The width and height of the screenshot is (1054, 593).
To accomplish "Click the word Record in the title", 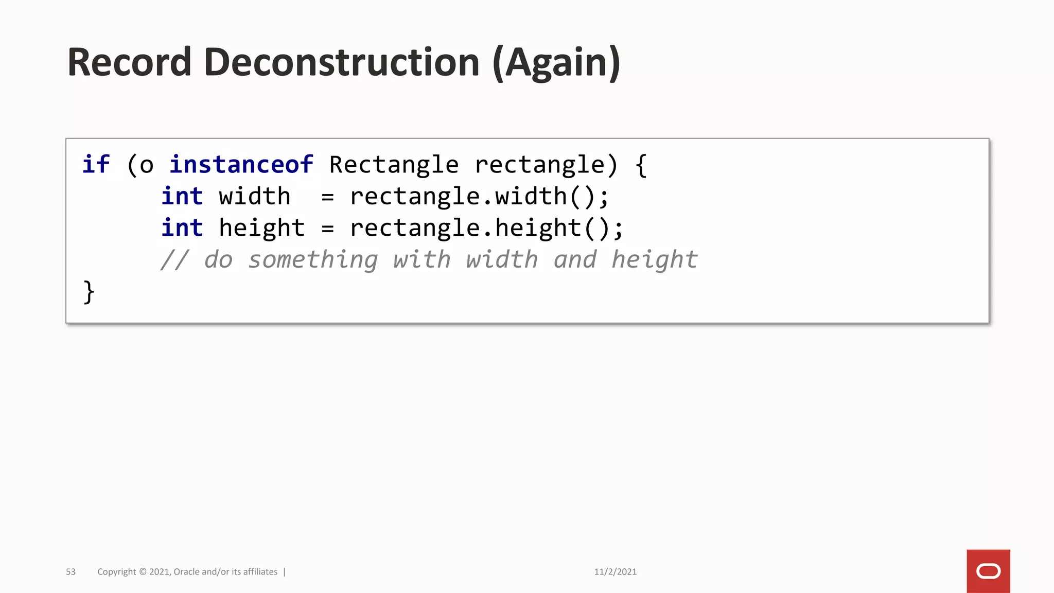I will (x=129, y=62).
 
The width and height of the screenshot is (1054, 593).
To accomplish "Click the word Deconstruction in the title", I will (x=342, y=62).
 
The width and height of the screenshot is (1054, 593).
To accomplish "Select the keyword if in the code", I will (x=96, y=165).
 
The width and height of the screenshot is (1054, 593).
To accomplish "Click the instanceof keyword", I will (x=241, y=165).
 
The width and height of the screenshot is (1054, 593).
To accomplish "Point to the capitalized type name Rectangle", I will (x=394, y=165).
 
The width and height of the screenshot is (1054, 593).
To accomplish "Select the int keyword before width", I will (x=182, y=197).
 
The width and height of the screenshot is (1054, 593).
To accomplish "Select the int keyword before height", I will (x=182, y=228).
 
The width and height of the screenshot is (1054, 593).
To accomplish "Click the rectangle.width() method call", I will (x=479, y=197).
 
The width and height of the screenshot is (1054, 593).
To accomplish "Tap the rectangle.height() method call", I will (x=486, y=228).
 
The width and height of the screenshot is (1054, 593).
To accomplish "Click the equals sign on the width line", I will (x=327, y=197).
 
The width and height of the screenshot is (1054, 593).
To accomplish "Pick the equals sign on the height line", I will (x=327, y=229).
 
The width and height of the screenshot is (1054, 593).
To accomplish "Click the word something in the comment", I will (x=313, y=260).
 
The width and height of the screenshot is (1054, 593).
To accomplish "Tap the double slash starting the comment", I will (x=175, y=260).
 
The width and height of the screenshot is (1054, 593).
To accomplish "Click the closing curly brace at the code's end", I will (x=89, y=292).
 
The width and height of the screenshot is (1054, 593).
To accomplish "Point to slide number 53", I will (x=71, y=572).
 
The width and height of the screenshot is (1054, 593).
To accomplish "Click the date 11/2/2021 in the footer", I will (x=615, y=572).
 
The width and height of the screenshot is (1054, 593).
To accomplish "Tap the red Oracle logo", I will (x=988, y=571).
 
